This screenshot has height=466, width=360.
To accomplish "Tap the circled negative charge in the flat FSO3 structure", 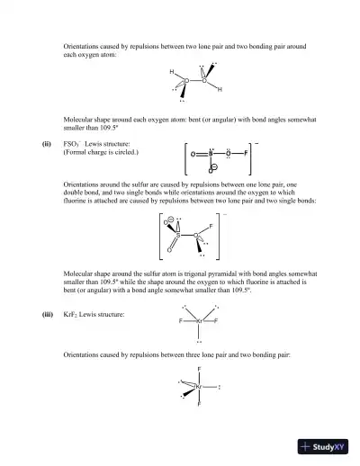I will [211, 167].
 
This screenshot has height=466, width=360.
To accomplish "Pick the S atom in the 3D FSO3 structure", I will [177, 236].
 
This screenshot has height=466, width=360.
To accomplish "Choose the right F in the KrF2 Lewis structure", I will [216, 320].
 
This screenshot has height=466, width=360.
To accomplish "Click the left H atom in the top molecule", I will [171, 72].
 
